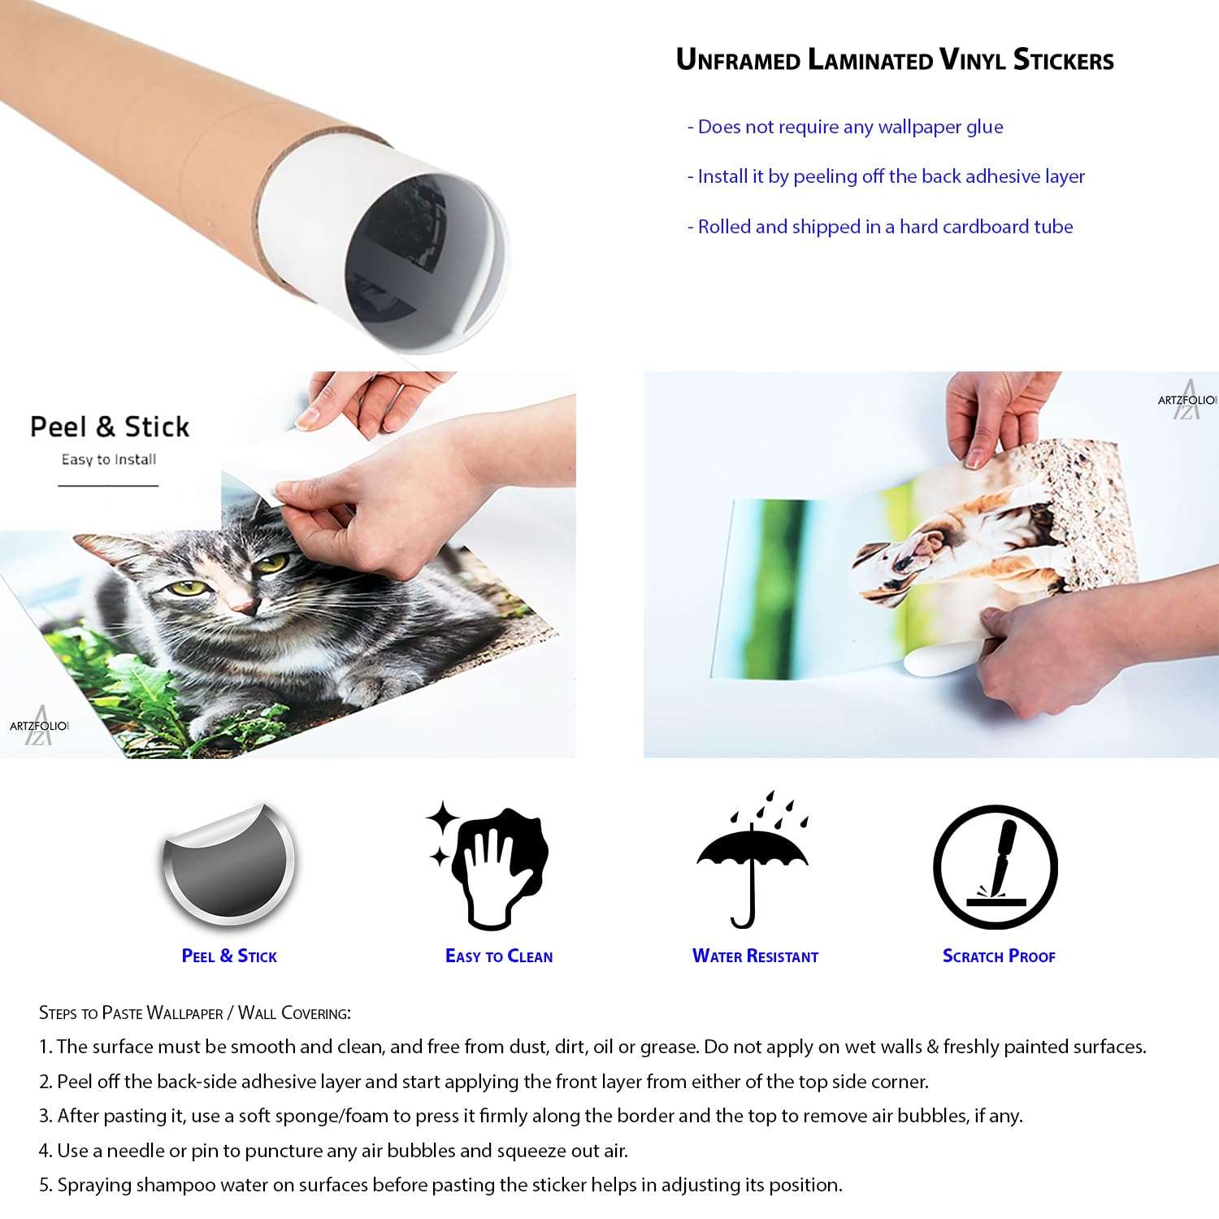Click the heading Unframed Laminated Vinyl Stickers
click(x=895, y=60)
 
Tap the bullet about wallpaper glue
click(x=845, y=127)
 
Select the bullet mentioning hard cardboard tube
click(x=880, y=227)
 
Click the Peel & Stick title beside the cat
click(x=110, y=427)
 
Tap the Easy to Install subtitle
click(x=109, y=459)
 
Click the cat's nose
click(x=242, y=606)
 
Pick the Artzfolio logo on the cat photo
click(x=39, y=725)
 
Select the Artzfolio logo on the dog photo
click(x=1187, y=399)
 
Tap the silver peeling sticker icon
click(x=229, y=864)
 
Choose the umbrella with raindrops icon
click(x=753, y=860)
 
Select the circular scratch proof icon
click(x=996, y=867)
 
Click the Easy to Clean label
click(x=499, y=957)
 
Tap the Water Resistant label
click(x=755, y=957)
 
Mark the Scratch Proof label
click(x=999, y=957)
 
